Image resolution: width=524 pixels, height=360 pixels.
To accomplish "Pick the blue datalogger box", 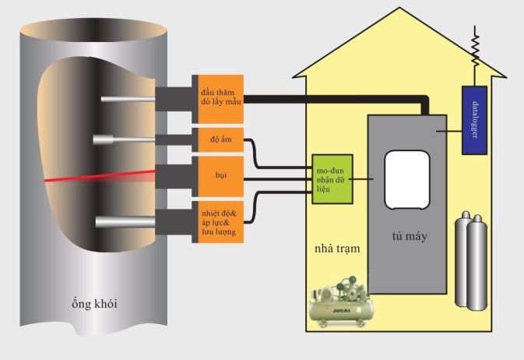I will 476,118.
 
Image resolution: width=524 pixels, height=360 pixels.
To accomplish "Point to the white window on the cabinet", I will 406,179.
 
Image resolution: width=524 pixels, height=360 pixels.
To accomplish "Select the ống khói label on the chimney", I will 93,302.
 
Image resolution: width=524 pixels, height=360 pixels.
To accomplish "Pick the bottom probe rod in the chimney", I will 125,222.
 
